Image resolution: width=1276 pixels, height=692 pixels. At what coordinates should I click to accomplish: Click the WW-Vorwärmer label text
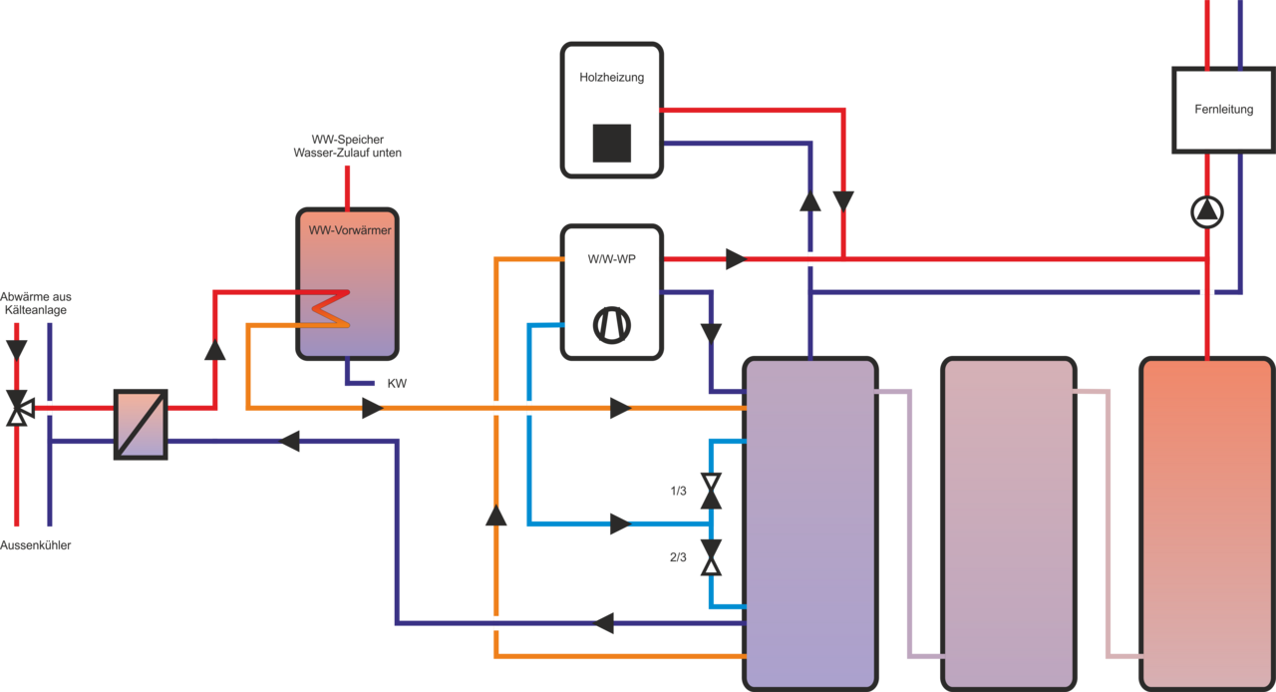(348, 230)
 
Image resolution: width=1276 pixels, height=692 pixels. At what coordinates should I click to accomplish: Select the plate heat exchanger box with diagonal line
(141, 424)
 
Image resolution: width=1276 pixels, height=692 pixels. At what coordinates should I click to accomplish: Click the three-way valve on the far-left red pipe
(17, 408)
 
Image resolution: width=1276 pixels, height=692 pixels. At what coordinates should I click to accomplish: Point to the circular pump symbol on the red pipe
(1207, 211)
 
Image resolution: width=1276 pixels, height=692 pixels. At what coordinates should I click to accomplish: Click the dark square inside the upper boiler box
(611, 143)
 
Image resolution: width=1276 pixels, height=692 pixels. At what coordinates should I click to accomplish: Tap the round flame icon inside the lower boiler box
(611, 325)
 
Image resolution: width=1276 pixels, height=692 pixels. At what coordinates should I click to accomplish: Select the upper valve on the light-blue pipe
(711, 491)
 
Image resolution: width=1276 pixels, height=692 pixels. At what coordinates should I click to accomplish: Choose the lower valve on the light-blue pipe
(711, 557)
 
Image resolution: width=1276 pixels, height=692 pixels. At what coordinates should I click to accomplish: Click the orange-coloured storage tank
(1206, 521)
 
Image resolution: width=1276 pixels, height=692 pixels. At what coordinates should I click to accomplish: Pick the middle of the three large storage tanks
(1009, 521)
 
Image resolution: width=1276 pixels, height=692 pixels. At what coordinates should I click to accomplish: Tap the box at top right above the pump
(1222, 110)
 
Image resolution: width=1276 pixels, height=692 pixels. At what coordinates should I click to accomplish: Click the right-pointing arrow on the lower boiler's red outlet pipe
(736, 259)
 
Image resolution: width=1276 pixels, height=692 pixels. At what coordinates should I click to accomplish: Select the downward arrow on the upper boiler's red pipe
(843, 200)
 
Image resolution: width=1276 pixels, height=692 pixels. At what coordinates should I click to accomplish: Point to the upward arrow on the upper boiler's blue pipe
(810, 200)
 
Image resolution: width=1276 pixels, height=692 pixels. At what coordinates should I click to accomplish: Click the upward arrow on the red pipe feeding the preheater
(214, 349)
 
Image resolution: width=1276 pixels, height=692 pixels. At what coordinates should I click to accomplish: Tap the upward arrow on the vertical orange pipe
(495, 515)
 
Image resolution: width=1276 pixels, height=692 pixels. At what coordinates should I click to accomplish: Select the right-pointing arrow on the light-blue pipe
(620, 523)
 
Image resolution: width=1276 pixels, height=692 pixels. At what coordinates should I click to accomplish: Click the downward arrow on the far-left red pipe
(17, 349)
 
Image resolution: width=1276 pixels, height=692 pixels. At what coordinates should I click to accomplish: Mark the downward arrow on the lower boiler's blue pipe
(711, 332)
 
